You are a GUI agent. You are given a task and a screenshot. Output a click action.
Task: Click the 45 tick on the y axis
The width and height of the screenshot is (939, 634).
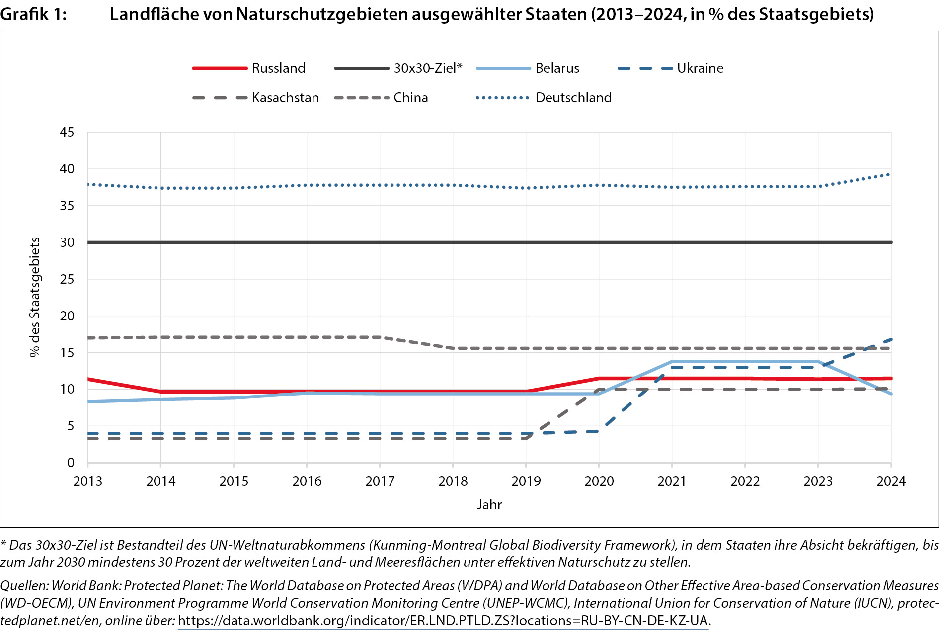(67, 132)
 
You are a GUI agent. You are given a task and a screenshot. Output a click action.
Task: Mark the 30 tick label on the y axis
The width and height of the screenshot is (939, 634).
(67, 242)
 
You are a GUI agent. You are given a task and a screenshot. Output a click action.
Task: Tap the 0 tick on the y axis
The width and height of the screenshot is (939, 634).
(71, 463)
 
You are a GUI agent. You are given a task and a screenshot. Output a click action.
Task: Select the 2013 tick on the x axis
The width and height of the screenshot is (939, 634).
(88, 481)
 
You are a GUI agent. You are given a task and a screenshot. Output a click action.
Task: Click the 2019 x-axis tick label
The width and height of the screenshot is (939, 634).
(526, 481)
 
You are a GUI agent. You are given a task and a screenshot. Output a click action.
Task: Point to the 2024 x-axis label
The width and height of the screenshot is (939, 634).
(891, 481)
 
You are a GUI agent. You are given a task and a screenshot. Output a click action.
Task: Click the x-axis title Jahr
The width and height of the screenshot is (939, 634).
(489, 505)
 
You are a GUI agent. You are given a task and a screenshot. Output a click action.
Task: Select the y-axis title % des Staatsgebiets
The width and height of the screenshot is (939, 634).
(34, 297)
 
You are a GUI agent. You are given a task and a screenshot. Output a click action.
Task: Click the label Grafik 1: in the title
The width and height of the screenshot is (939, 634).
(33, 14)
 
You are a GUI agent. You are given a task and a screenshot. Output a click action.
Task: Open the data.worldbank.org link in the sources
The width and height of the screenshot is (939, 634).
(443, 621)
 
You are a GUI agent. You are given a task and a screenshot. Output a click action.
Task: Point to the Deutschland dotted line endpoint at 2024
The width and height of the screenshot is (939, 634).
(890, 174)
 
